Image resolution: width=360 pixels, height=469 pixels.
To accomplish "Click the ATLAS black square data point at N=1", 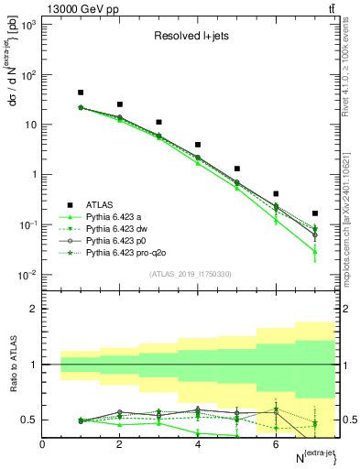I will pyautogui.click(x=81, y=93).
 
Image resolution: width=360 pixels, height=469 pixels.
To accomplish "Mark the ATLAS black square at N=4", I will pyautogui.click(x=198, y=145).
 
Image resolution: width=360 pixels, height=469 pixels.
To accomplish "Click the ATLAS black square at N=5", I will pyautogui.click(x=237, y=169).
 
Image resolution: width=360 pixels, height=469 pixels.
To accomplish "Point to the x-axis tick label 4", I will pyautogui.click(x=198, y=444).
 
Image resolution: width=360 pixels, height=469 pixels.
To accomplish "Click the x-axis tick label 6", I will pyautogui.click(x=276, y=444).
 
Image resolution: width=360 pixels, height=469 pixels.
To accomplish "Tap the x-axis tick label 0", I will pyautogui.click(x=43, y=444).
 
